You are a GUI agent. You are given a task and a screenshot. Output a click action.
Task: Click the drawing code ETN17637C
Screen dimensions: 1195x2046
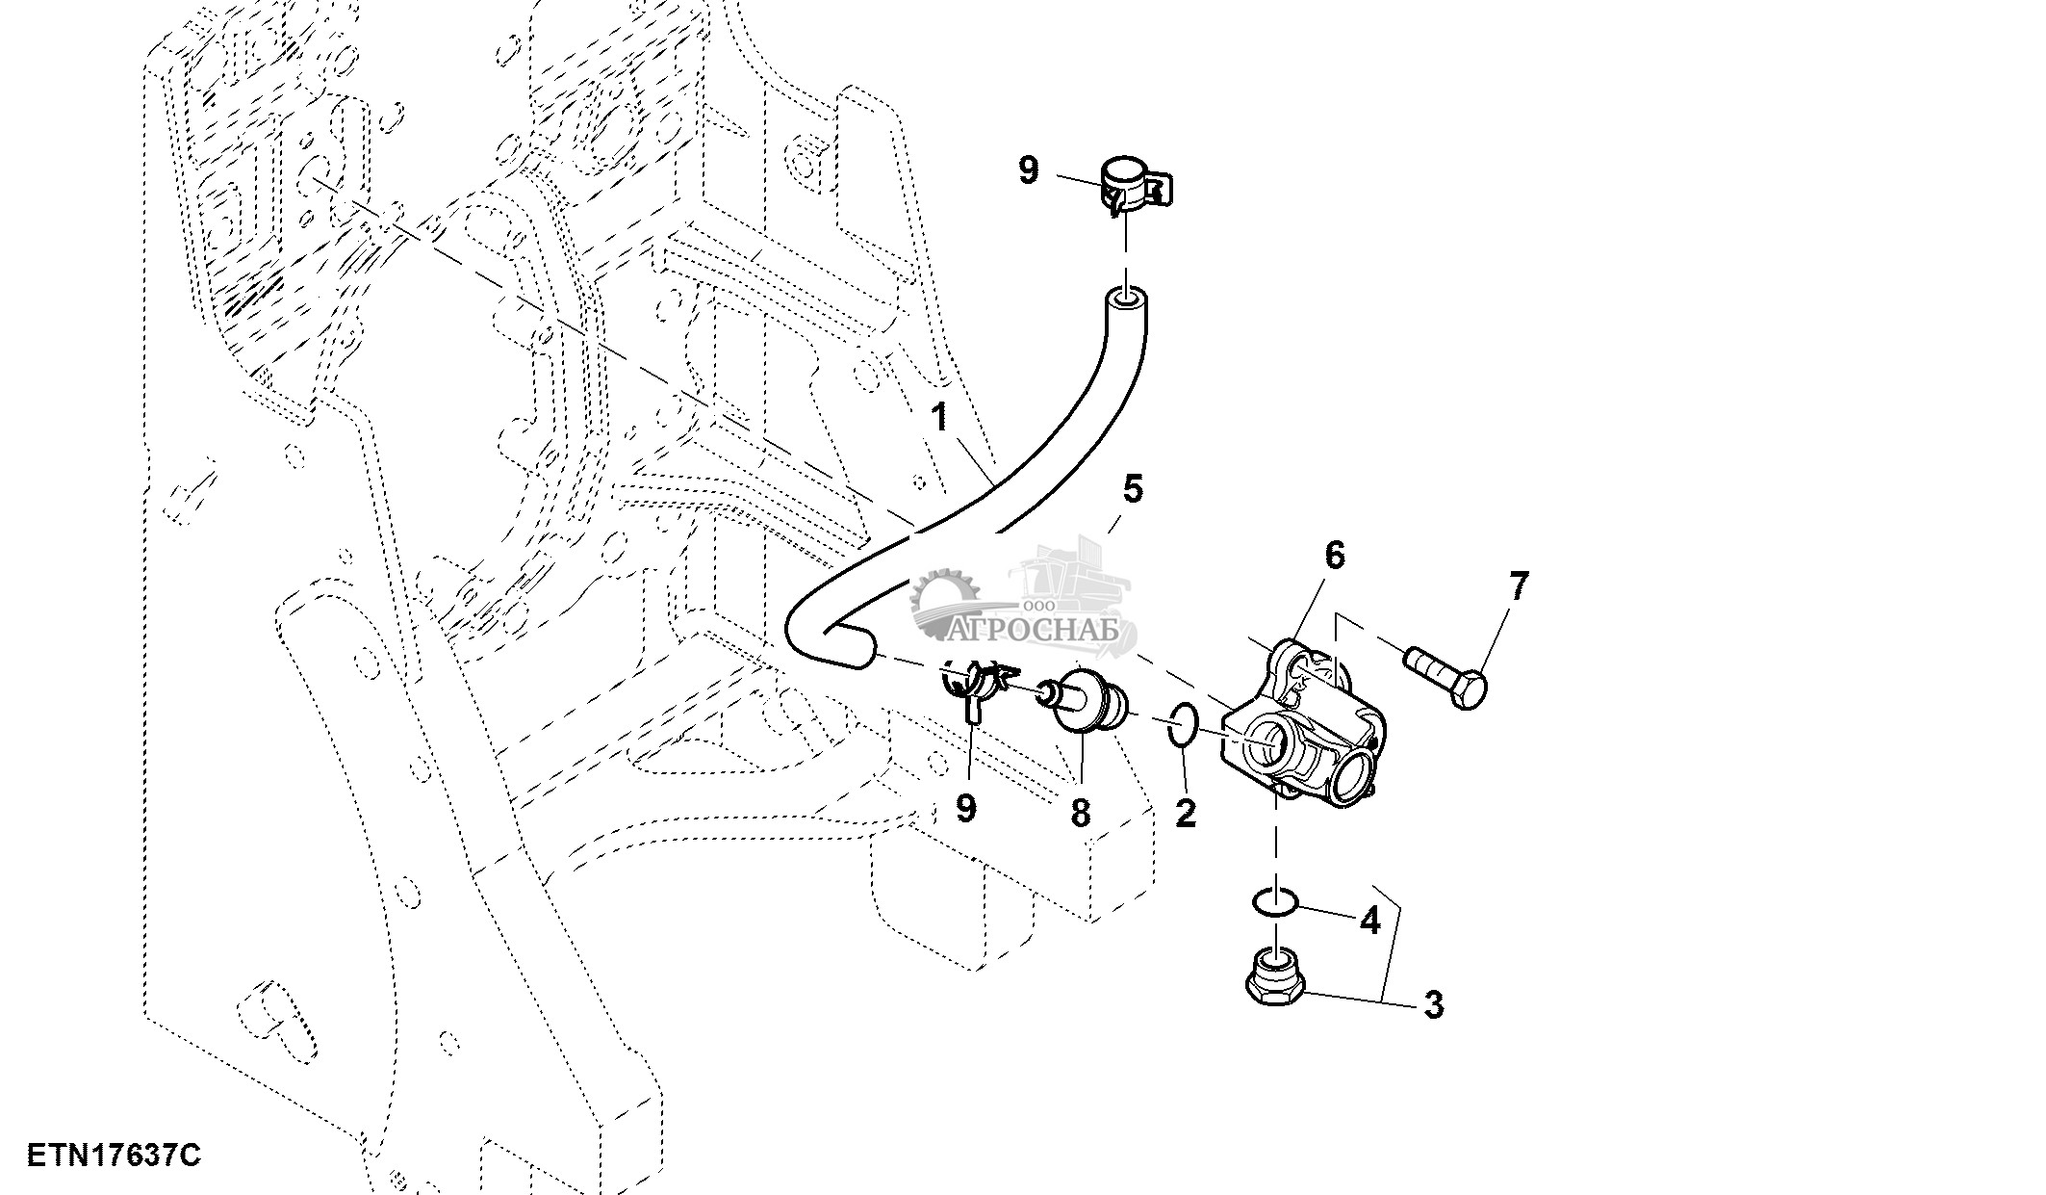click(114, 1156)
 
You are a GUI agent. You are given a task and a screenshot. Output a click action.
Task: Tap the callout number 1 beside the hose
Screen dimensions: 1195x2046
click(939, 418)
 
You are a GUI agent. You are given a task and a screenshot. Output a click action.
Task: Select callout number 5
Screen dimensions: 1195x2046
click(1133, 489)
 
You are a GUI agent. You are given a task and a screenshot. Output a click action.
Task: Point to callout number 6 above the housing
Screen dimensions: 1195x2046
click(1334, 556)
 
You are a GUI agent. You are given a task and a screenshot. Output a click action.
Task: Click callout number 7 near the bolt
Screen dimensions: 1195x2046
click(1518, 586)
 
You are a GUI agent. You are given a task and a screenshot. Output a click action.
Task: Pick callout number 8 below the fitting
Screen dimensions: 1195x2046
click(1080, 813)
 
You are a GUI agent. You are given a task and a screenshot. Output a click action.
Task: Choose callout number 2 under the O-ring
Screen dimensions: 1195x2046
click(1186, 813)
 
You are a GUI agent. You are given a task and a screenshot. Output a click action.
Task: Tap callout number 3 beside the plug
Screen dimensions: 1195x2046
click(1433, 1005)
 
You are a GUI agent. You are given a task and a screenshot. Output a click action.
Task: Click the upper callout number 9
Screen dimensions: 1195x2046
click(1028, 171)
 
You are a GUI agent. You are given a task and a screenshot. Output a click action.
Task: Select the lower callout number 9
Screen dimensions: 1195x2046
click(965, 808)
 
